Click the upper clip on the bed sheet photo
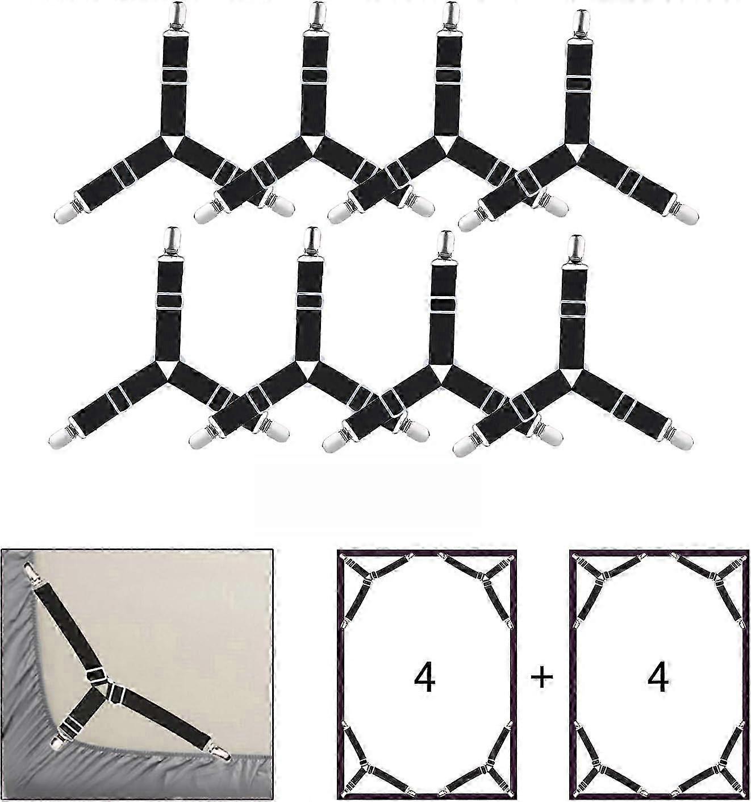pos(30,571)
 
